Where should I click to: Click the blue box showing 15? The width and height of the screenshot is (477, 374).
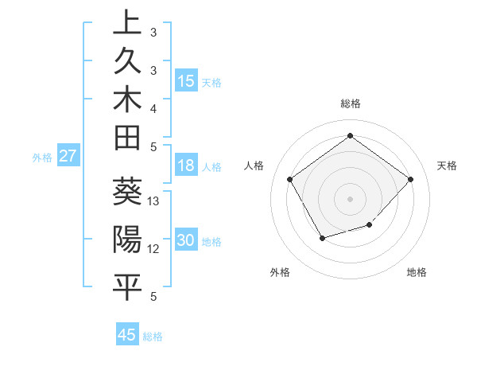click(186, 80)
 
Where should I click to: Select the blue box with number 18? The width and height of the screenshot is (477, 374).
click(186, 166)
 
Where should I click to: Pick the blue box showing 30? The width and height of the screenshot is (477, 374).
click(186, 240)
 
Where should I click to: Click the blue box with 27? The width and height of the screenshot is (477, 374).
click(68, 156)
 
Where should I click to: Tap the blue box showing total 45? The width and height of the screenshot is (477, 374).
click(127, 335)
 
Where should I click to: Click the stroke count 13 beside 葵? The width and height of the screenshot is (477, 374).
click(154, 201)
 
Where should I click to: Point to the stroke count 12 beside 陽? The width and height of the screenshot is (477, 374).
click(154, 249)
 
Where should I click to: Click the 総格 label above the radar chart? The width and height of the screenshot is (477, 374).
click(350, 103)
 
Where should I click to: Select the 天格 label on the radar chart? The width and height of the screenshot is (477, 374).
click(448, 166)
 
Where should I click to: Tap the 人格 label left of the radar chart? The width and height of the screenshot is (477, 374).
click(254, 166)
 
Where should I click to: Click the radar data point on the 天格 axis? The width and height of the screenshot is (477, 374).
click(410, 179)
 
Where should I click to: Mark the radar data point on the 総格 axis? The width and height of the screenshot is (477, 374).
click(350, 135)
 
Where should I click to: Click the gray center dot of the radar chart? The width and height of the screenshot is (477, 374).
click(350, 198)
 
